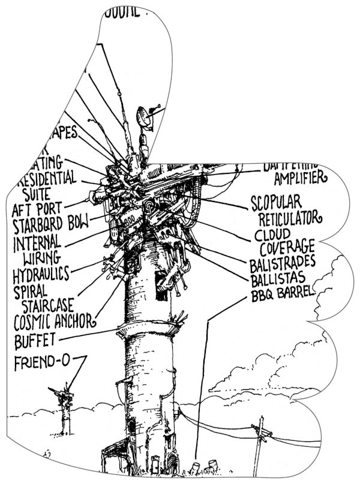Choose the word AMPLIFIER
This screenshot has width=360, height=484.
pyautogui.click(x=299, y=178)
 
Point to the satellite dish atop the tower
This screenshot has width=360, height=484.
pyautogui.click(x=146, y=117)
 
